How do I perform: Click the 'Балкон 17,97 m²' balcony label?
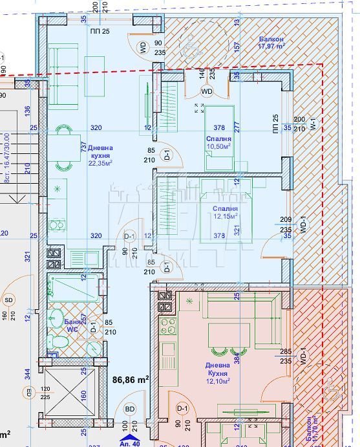(x=271, y=43)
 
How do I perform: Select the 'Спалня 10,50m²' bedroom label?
(x=218, y=142)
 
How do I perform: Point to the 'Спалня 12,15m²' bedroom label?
(x=222, y=213)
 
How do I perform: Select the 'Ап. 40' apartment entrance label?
(x=130, y=443)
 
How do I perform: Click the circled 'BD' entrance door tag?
(x=129, y=409)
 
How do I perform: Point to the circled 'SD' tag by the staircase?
(x=8, y=300)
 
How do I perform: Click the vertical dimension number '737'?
(x=84, y=147)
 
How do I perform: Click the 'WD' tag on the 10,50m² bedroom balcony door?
(x=207, y=91)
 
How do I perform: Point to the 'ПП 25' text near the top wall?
(x=100, y=31)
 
